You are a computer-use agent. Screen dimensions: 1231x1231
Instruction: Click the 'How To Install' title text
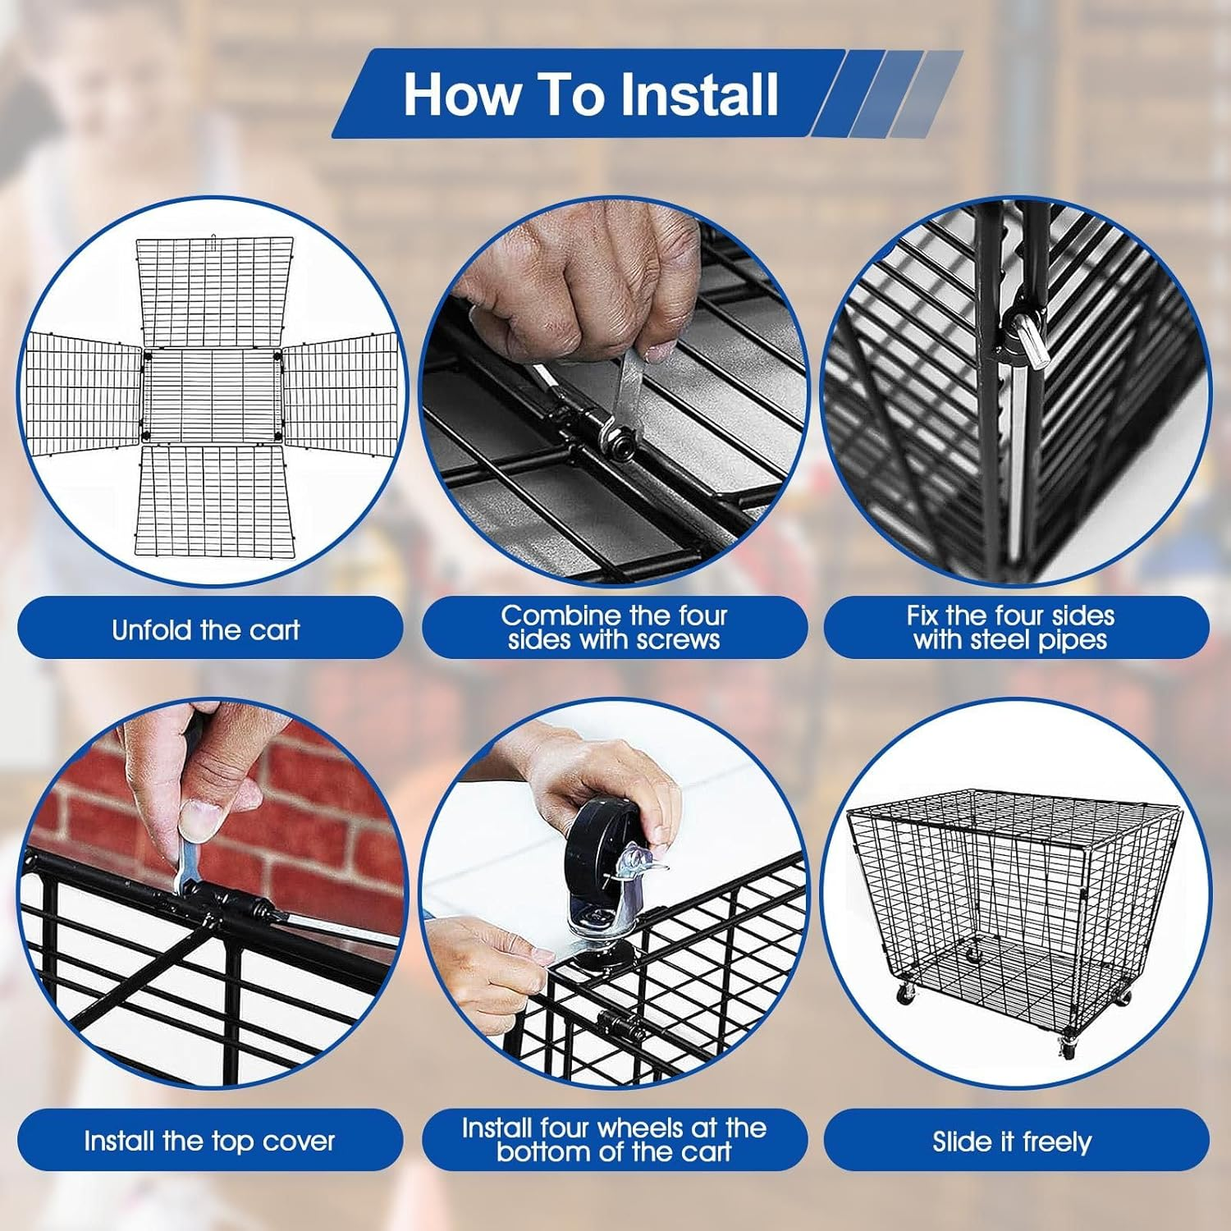[x=590, y=94]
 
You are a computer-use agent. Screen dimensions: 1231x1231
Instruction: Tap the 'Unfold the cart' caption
[x=206, y=629]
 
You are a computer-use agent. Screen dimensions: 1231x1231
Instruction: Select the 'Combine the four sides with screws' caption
[x=614, y=628]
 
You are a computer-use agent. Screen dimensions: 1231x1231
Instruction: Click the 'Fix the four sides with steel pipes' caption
[x=1010, y=628]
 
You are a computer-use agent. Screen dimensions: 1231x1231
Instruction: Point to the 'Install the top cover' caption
[x=209, y=1141]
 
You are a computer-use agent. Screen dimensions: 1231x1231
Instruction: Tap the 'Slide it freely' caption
[x=1012, y=1142]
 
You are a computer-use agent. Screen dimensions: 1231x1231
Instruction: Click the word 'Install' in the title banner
[x=698, y=94]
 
